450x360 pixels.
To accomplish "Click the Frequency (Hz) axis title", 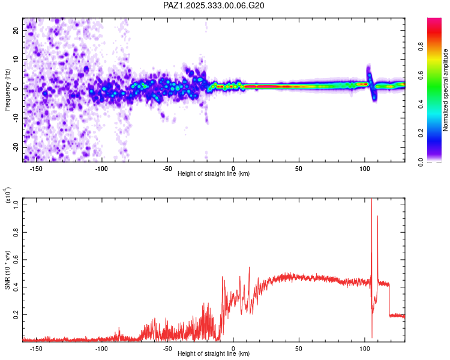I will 7,90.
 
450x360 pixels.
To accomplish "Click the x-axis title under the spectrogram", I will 214,173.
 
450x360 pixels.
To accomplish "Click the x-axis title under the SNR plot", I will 214,353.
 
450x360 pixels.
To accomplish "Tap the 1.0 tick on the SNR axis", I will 17,205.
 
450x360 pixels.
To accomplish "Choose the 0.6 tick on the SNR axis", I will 17,259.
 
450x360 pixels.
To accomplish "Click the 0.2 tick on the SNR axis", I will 17,314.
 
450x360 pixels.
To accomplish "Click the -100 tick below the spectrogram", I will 101,169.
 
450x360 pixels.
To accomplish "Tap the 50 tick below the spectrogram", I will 299,169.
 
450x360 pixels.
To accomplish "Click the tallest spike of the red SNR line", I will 371,200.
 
